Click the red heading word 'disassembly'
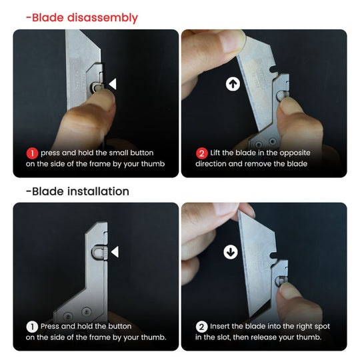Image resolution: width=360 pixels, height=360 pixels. coord(104,17)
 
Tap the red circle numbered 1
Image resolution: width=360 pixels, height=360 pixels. coord(32,153)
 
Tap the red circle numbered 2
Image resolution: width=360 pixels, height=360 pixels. coord(201,153)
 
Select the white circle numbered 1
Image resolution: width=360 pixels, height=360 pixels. coord(32,327)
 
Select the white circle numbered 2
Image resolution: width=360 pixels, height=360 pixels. coord(202,327)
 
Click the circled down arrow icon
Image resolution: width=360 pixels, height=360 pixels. coord(231,252)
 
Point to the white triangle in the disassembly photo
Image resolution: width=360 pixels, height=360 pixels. coord(113,85)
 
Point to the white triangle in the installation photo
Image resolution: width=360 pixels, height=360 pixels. coord(114,252)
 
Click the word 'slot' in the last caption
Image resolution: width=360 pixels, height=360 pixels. coord(233,337)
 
